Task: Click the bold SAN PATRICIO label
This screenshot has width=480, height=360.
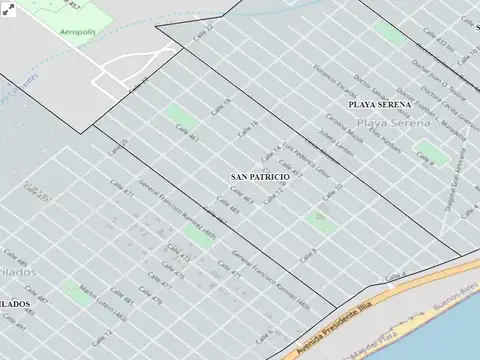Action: click(260, 176)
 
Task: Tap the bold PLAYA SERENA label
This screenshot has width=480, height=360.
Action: click(379, 104)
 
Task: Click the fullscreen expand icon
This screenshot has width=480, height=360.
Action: click(8, 10)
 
